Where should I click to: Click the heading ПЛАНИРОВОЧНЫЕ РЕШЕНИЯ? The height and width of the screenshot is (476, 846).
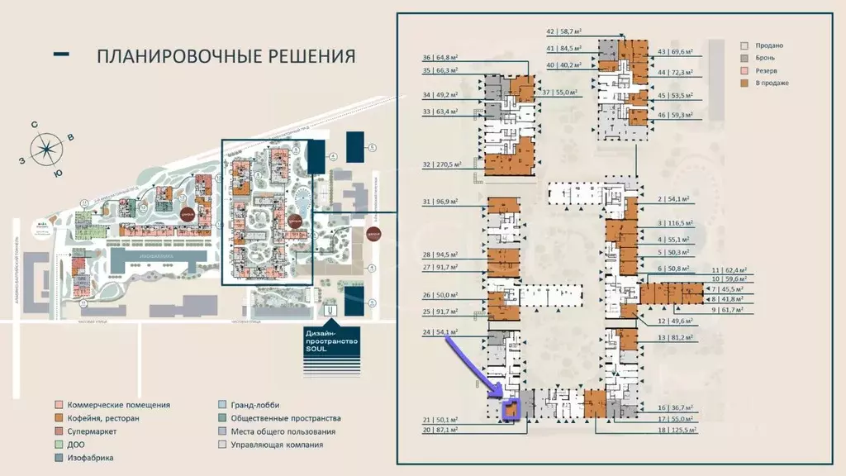click(226, 56)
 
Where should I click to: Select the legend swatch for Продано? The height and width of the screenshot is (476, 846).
click(744, 45)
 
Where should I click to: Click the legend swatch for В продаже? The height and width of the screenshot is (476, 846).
click(744, 83)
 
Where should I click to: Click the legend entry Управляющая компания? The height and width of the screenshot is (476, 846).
click(277, 445)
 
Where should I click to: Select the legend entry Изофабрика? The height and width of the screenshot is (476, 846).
click(85, 458)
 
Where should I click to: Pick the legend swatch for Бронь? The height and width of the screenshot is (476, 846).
click(744, 58)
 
